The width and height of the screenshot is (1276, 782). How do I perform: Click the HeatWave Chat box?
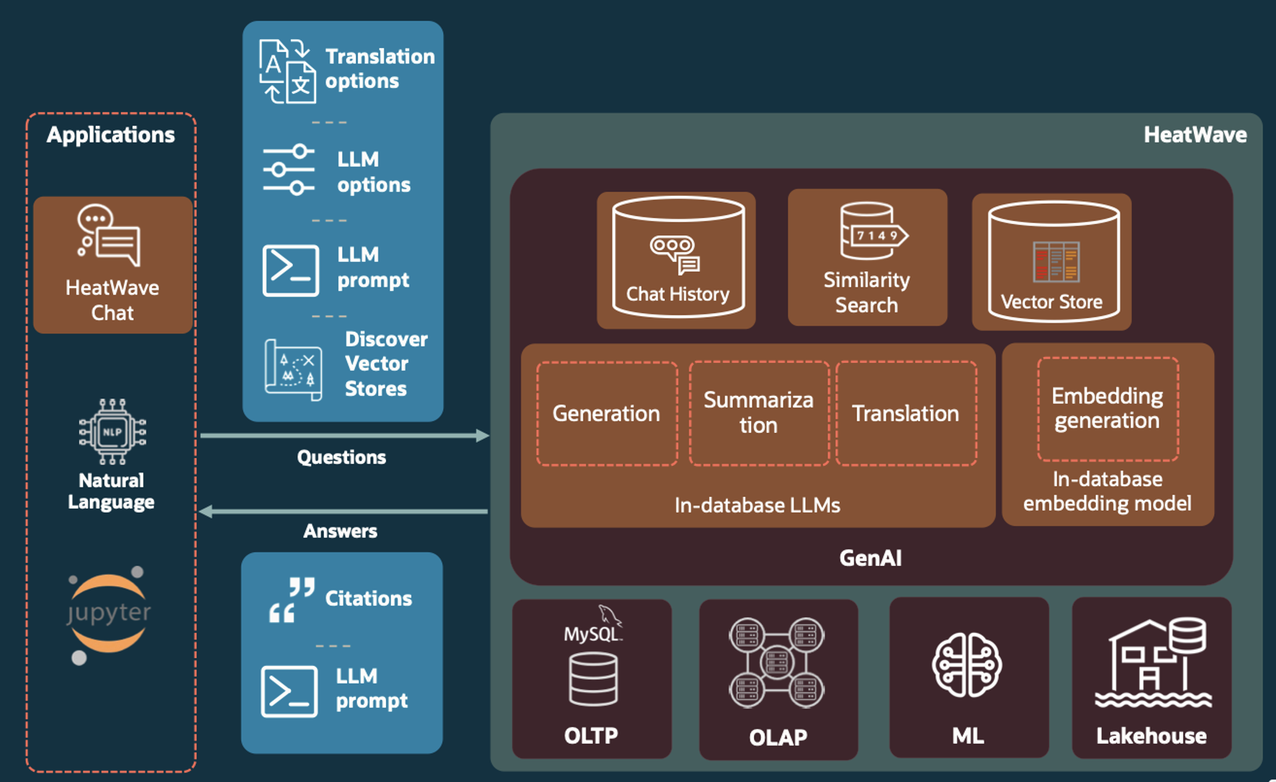pos(112,264)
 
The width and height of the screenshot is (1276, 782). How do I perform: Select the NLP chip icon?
pos(112,431)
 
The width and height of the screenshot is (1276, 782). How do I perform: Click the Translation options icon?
pos(287,71)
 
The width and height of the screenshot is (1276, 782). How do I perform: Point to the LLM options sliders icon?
pos(289,170)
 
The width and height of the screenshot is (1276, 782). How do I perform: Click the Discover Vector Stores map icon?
pos(292,369)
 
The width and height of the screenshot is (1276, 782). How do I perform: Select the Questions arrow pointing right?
pos(344,435)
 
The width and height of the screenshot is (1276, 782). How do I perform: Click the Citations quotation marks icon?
pos(292,599)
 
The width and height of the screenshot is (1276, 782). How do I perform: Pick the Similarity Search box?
pos(867,257)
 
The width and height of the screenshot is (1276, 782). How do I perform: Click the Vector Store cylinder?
pos(1052,261)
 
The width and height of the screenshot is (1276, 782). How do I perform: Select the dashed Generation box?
pos(606,413)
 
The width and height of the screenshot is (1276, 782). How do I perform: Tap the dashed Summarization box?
pos(759,413)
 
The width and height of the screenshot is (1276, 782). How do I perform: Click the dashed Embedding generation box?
pos(1107,408)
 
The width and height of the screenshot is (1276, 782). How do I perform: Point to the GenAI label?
pos(871,558)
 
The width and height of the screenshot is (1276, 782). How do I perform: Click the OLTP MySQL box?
pos(592,678)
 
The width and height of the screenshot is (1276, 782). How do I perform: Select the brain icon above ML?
pos(967,665)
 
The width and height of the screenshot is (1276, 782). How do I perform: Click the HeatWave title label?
pos(1195,135)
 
